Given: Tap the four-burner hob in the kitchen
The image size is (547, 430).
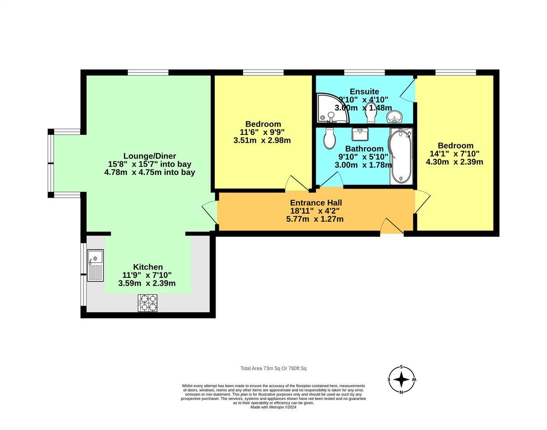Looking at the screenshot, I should click(x=148, y=303).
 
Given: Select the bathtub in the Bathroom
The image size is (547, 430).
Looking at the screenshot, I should click(x=401, y=155).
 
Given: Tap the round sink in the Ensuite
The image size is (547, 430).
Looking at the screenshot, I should click(x=394, y=118).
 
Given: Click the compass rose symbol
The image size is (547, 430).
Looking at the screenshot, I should click(x=402, y=379).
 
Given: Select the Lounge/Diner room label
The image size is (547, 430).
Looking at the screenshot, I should click(x=150, y=156).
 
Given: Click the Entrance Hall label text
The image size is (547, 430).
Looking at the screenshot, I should click(x=316, y=203).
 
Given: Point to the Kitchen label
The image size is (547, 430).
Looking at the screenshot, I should click(x=148, y=267).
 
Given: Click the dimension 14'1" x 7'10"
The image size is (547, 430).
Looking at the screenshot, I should click(x=454, y=154).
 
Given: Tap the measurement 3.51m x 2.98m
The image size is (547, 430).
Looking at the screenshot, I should click(x=262, y=140).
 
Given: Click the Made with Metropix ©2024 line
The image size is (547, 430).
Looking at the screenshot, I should click(x=273, y=407).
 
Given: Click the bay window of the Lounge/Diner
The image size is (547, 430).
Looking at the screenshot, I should click(x=51, y=163).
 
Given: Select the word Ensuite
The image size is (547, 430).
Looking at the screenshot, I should click(x=364, y=92).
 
